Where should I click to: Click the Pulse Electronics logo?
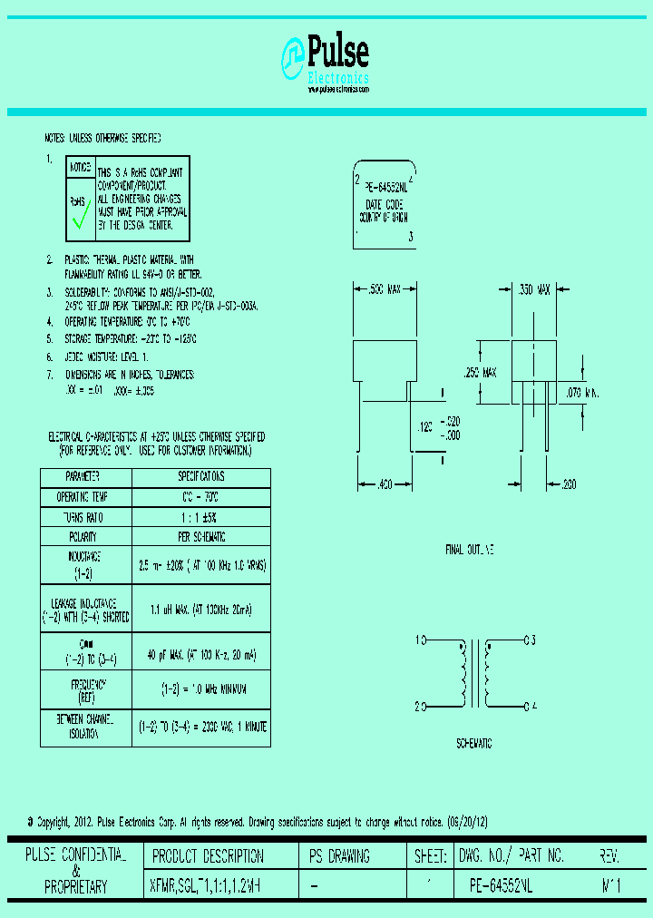point(326,64)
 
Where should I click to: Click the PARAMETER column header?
point(83,477)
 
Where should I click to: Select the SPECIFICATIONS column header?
point(201,477)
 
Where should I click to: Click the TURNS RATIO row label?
point(83,517)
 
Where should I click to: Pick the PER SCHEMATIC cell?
point(201,537)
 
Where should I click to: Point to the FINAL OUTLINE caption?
point(470,551)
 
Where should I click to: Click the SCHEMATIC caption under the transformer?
point(473,743)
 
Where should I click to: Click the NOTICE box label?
point(80,167)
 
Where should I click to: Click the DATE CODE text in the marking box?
point(384,205)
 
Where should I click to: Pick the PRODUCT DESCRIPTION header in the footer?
point(208,856)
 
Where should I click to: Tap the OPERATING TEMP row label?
point(83,497)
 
